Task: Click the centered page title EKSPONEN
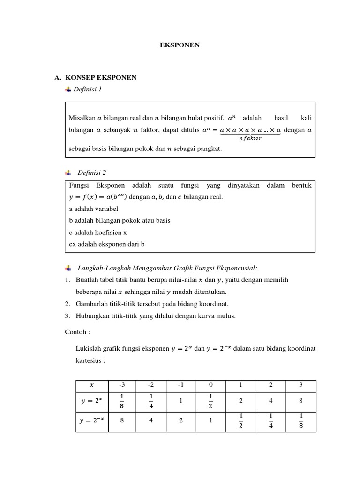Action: click(x=180, y=45)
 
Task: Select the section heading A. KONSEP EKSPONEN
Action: click(x=96, y=78)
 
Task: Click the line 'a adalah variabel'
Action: click(x=93, y=209)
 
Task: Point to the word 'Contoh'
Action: click(x=76, y=332)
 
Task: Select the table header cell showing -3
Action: click(x=122, y=385)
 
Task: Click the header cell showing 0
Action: click(x=211, y=385)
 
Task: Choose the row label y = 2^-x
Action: click(x=92, y=420)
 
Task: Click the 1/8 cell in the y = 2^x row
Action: click(x=122, y=402)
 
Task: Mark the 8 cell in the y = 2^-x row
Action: click(x=122, y=420)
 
